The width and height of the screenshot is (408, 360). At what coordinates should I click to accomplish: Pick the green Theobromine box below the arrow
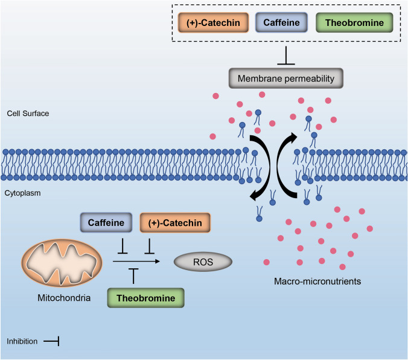click(145, 298)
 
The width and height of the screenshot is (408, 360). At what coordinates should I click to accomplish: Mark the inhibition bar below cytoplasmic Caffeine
click(123, 247)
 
